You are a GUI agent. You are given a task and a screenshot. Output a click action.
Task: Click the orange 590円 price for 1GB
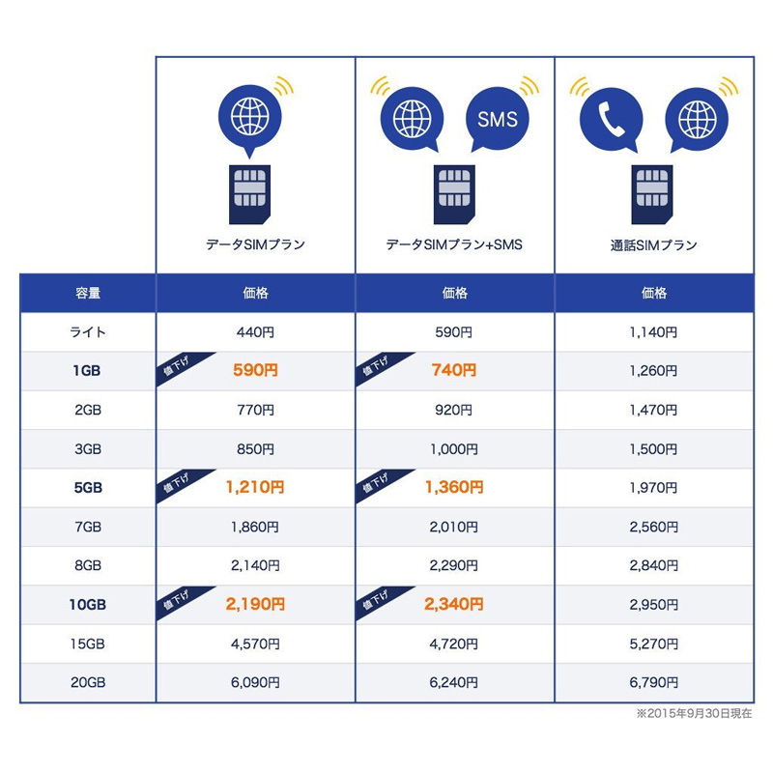click(255, 370)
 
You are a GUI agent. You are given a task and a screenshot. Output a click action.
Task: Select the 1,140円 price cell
click(653, 331)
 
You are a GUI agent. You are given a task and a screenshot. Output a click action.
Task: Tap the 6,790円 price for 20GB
click(653, 683)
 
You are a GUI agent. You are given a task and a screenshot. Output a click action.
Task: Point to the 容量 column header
click(88, 293)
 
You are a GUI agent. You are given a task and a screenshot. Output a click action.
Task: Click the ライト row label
click(88, 331)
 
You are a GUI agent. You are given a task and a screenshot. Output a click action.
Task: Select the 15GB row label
click(88, 644)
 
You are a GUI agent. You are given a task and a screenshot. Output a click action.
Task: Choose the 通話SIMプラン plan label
click(653, 245)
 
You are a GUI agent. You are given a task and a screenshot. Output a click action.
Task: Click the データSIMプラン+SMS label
click(454, 245)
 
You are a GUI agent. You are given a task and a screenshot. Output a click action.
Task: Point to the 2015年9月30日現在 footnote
click(694, 714)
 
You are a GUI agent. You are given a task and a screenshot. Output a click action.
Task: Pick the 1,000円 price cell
click(454, 448)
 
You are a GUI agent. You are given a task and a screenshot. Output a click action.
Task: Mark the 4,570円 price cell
click(255, 644)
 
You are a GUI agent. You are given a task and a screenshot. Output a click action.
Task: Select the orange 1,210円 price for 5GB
click(255, 488)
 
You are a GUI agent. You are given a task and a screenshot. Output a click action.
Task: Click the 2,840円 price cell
click(653, 566)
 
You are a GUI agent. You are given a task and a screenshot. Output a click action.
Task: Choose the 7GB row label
click(88, 527)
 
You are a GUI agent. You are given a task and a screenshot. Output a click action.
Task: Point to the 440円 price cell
click(255, 331)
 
